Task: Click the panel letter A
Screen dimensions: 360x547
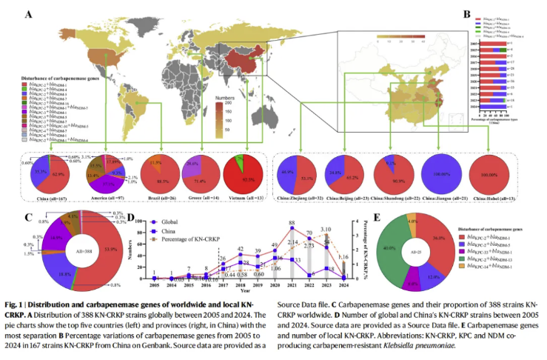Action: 28,13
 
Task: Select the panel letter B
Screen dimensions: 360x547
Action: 466,13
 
